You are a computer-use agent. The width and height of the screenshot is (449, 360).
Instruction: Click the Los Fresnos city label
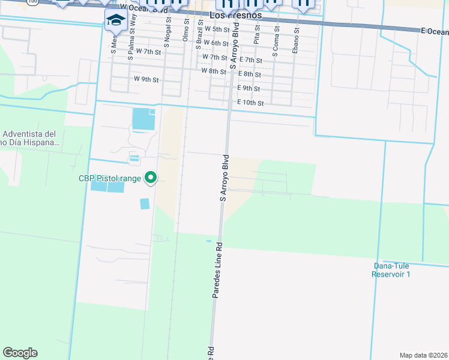tap(236, 14)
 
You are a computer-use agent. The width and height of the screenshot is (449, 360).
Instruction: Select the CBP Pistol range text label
tap(109, 178)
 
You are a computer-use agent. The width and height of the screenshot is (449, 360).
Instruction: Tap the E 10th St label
tap(250, 103)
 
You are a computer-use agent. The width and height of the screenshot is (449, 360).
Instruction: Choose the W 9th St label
tap(146, 79)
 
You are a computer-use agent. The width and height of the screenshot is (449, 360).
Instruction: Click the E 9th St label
tap(249, 88)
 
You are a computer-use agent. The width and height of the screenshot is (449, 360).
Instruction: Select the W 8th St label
tap(213, 71)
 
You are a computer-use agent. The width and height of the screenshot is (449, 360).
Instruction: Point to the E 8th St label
tap(249, 74)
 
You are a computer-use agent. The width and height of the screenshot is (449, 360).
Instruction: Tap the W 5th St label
tap(217, 29)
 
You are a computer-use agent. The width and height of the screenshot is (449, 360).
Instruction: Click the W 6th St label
tap(215, 43)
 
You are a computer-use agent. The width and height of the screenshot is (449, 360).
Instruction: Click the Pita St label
tap(257, 35)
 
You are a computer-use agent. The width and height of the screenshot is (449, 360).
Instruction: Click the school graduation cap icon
tap(115, 20)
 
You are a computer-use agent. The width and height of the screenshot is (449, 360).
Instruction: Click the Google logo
tap(20, 353)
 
